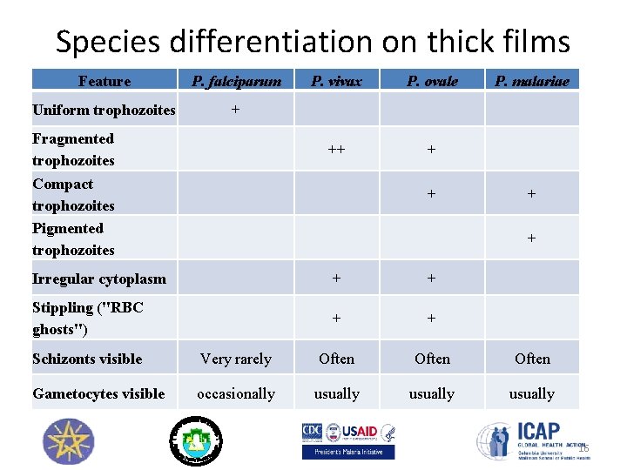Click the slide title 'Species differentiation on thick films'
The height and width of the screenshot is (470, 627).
click(x=313, y=41)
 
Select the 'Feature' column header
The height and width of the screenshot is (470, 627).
click(x=104, y=82)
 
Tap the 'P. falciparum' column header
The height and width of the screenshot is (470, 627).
click(x=236, y=82)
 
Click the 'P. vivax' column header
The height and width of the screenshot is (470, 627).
click(x=336, y=82)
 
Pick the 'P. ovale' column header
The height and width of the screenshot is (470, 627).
click(x=432, y=82)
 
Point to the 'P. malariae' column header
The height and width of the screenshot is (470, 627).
click(x=531, y=82)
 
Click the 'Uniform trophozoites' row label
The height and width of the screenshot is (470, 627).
click(x=104, y=110)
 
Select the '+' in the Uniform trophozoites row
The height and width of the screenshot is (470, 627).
click(x=234, y=109)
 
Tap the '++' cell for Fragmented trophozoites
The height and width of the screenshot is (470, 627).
click(x=336, y=149)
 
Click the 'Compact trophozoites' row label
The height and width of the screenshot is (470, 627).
click(x=73, y=194)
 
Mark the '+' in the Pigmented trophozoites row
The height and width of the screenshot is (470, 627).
click(x=531, y=238)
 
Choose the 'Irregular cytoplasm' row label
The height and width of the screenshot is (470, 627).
click(x=98, y=279)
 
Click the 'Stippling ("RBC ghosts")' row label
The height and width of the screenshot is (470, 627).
click(x=87, y=318)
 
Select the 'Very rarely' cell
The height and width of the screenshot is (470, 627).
click(x=235, y=359)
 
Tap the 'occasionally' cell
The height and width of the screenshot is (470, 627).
click(x=235, y=393)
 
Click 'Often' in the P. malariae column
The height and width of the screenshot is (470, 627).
click(x=531, y=359)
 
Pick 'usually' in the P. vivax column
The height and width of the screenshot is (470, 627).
click(x=336, y=393)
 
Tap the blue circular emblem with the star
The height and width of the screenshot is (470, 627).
click(x=67, y=440)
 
